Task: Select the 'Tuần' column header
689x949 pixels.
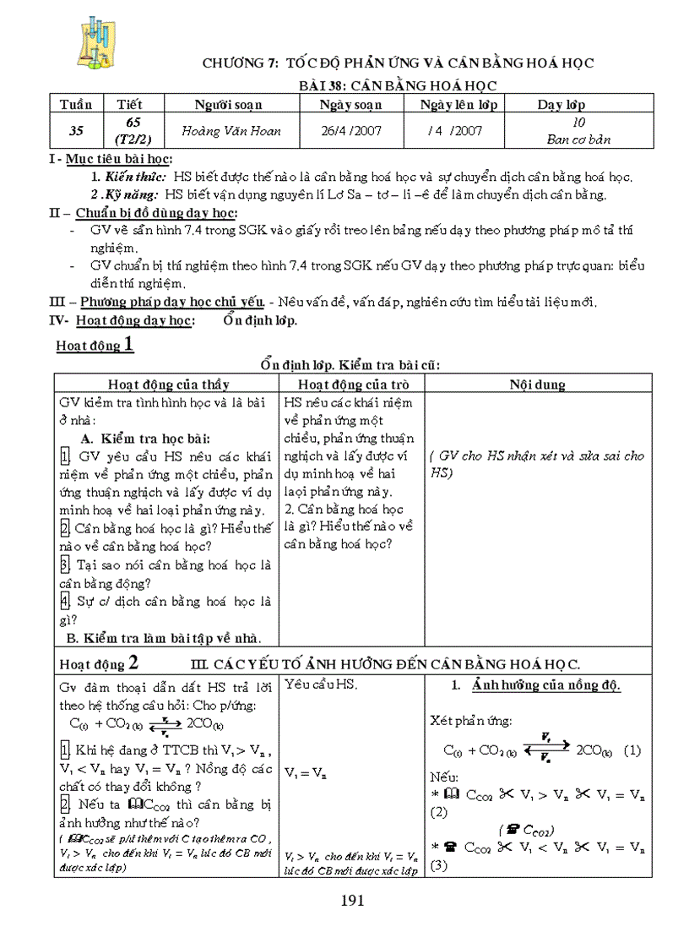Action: pyautogui.click(x=76, y=105)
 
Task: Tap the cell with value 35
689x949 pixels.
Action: pyautogui.click(x=76, y=131)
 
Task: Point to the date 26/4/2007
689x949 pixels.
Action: pyautogui.click(x=350, y=131)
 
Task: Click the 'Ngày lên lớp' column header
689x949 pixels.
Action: pyautogui.click(x=464, y=105)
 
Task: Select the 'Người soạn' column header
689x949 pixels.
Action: pyautogui.click(x=228, y=105)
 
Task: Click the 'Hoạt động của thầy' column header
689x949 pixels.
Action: pyautogui.click(x=168, y=385)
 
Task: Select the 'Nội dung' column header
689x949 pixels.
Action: pyautogui.click(x=537, y=385)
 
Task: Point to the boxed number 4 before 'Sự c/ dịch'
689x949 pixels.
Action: pyautogui.click(x=65, y=601)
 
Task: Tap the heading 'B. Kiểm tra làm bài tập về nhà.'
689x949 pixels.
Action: pyautogui.click(x=164, y=637)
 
